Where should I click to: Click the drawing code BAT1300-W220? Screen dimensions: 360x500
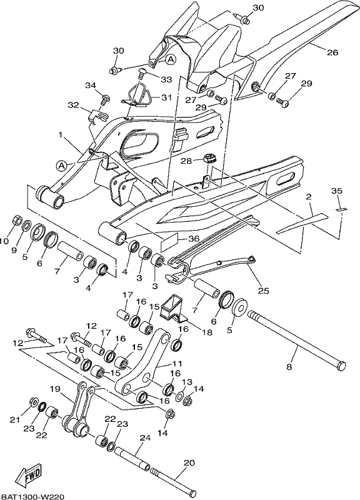coord(33,496)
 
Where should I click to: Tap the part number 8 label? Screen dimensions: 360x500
coord(289,367)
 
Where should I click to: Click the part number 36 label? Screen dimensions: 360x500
coord(193,238)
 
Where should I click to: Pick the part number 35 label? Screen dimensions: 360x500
coord(336,191)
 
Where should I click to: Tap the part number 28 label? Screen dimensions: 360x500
coord(186,161)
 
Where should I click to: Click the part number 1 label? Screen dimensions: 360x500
coord(60,135)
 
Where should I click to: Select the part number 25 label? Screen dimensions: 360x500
coord(263,291)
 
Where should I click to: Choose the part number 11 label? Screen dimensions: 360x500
coord(177,363)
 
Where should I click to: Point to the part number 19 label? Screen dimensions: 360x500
coord(55,389)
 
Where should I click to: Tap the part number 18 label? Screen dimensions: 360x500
coord(207,332)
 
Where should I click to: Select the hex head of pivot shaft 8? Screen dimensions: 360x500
coord(341,366)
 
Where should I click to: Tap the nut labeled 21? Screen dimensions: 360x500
coord(33,401)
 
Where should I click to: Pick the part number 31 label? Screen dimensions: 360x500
coord(166,97)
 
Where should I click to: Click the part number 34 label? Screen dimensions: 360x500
coord(90,85)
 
